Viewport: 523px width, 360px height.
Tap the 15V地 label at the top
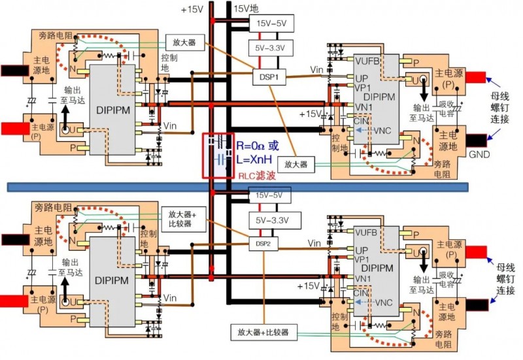click(x=247, y=9)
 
